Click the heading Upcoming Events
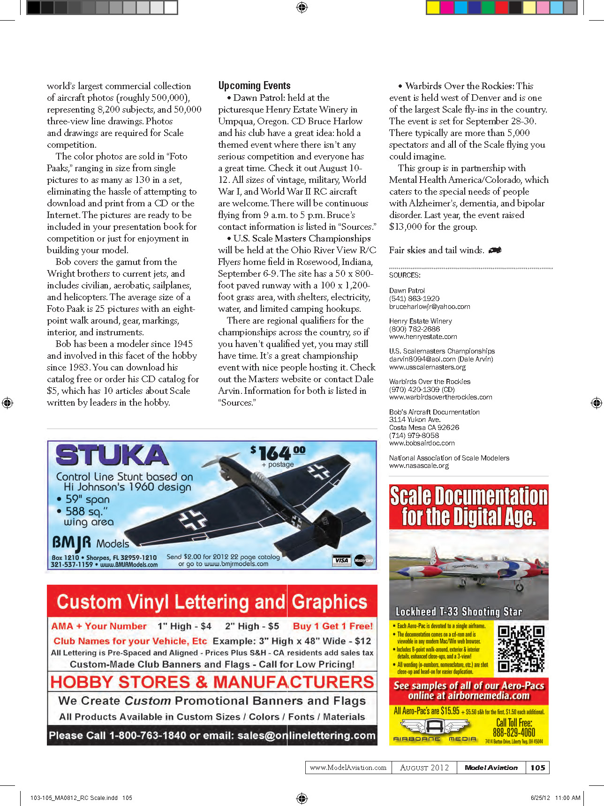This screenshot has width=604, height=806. [x=254, y=86]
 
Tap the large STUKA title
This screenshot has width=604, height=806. [x=112, y=455]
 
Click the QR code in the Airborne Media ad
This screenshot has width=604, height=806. [x=521, y=649]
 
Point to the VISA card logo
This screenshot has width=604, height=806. [x=341, y=560]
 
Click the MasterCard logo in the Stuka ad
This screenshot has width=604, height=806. [x=363, y=560]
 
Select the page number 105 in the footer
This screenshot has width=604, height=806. [x=538, y=768]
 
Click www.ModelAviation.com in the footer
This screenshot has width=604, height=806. [x=348, y=768]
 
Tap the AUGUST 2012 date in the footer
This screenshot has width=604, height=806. [x=424, y=768]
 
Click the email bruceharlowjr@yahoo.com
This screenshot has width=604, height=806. [x=430, y=307]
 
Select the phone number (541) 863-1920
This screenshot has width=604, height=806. [x=414, y=299]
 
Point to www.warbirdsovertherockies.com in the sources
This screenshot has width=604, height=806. [x=440, y=397]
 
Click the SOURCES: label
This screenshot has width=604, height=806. [x=405, y=275]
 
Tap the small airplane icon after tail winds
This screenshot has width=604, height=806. [x=495, y=250]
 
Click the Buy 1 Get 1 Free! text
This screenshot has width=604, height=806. [x=332, y=626]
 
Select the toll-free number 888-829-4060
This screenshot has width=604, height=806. [x=513, y=732]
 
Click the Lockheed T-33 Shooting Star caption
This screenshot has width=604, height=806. [x=459, y=611]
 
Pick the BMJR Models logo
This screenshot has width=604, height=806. [x=91, y=543]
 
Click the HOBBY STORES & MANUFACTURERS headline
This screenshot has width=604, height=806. [x=212, y=682]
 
